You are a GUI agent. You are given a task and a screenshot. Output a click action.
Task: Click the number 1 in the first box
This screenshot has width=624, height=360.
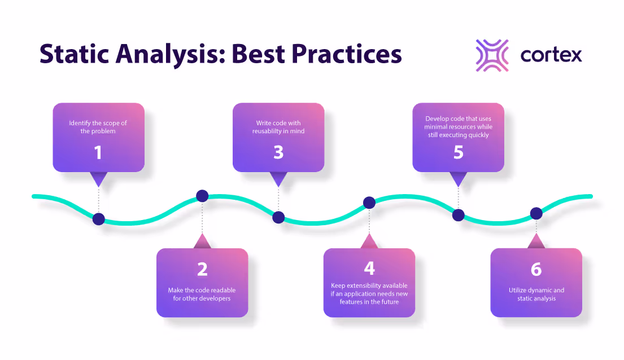[98, 152]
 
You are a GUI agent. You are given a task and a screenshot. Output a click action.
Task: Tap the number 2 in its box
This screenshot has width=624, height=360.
[202, 270]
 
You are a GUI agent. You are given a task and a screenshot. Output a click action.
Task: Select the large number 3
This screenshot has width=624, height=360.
[278, 152]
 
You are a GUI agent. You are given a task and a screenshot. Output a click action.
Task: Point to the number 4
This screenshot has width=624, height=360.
[369, 267]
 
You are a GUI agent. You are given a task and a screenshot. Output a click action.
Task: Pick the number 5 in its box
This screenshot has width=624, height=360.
[458, 152]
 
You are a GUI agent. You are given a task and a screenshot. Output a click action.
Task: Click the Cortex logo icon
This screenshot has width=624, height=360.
[492, 55]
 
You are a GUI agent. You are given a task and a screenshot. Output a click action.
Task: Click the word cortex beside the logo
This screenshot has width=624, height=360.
[551, 55]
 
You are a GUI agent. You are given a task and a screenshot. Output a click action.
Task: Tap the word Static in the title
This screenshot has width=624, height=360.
[75, 54]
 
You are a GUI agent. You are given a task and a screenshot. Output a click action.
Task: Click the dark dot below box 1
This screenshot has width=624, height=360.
[99, 219]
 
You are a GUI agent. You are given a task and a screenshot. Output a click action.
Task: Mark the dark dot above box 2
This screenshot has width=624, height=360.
[202, 196]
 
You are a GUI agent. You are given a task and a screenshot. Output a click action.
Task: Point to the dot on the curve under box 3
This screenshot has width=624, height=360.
[278, 217]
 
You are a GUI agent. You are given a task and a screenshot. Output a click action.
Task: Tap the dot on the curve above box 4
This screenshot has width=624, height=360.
[369, 202]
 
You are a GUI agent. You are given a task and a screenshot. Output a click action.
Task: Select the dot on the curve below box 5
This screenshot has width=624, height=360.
[459, 215]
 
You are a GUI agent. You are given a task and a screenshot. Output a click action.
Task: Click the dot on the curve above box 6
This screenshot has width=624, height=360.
[536, 213]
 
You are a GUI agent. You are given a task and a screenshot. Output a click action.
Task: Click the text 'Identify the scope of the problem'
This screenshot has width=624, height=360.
[98, 127]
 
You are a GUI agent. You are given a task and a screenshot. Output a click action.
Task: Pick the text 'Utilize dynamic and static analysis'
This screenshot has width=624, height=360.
[536, 294]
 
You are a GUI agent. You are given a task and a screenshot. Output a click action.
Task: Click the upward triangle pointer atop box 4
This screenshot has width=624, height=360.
[369, 242]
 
